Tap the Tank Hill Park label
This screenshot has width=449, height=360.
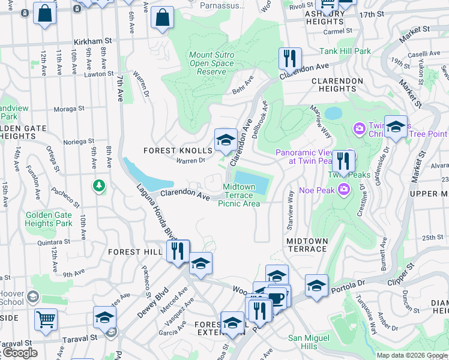click(345, 52)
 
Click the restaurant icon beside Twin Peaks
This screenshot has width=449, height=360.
click(343, 161)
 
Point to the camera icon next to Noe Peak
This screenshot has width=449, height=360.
click(344, 190)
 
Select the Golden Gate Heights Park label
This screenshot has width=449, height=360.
click(48, 219)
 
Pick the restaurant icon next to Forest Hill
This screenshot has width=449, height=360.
click(177, 251)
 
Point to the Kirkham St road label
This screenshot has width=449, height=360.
click(93, 41)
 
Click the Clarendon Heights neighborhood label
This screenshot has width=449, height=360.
click(337, 85)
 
